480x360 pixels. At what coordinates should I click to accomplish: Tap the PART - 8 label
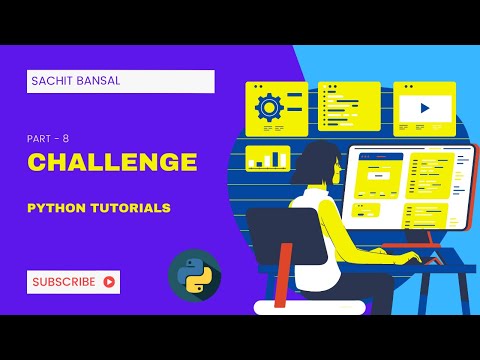point(48,139)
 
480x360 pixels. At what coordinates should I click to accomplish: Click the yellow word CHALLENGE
point(111,162)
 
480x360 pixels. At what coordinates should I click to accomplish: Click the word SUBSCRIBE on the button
point(64,282)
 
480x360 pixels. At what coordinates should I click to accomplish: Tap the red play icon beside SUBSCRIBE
point(108,282)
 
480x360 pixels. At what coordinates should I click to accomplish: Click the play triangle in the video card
point(425,107)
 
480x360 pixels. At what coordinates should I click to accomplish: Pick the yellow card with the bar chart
point(267,158)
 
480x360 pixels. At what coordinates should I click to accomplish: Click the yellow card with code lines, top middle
point(349,107)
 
